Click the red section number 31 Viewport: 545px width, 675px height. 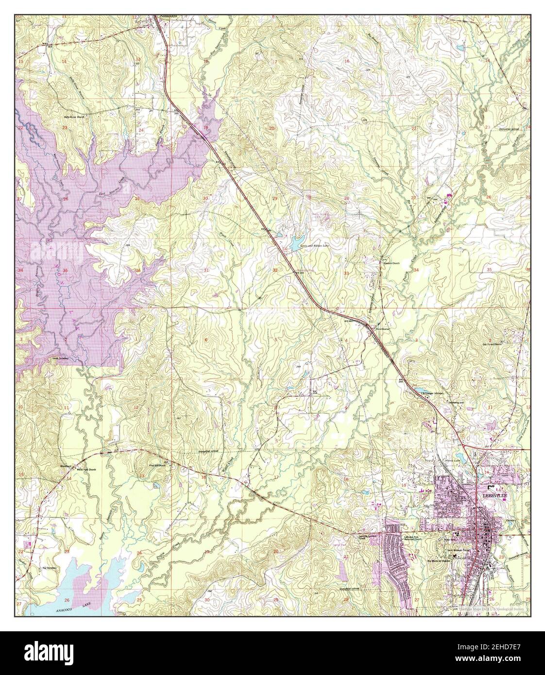206,270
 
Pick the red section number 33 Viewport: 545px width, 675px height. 346,273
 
